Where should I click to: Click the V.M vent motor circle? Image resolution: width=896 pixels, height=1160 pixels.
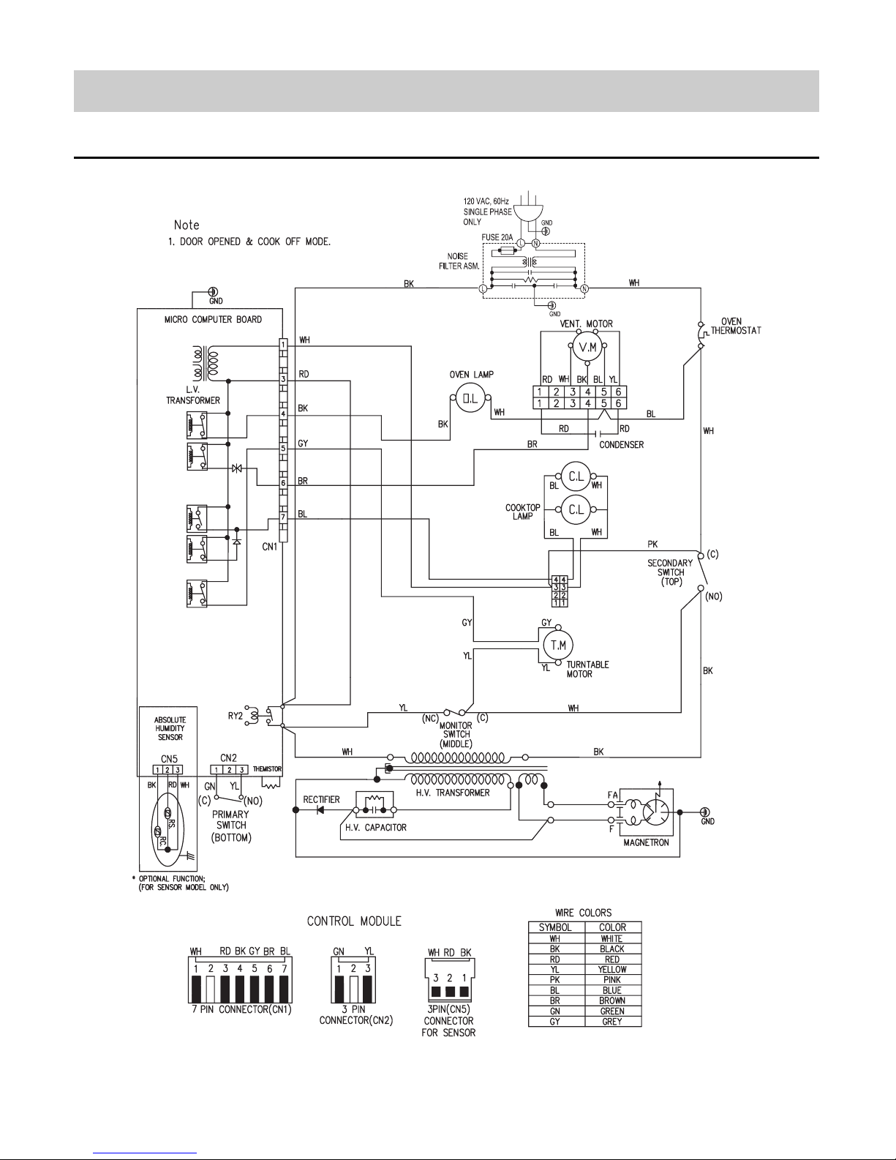coord(587,347)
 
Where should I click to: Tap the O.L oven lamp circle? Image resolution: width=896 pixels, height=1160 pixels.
coord(470,397)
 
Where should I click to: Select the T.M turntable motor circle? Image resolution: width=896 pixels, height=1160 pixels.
coord(558,645)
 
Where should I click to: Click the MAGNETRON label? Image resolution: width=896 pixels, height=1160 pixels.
coord(646,842)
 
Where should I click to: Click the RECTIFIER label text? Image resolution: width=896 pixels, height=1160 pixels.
coord(321,799)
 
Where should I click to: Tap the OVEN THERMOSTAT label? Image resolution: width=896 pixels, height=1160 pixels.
coord(736,326)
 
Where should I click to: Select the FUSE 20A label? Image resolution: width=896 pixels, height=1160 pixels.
coord(497,237)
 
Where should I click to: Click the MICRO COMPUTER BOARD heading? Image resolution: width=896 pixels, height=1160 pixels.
coord(213,319)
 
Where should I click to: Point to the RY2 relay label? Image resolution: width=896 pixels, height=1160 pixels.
coord(236,716)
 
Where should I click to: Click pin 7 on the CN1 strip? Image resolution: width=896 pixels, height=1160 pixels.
coord(283,517)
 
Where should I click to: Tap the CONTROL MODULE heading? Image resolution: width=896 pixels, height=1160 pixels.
coord(354,921)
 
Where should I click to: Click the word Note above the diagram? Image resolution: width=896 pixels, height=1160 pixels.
coord(186,225)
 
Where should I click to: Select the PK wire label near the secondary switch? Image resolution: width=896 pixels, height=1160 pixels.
coord(652,544)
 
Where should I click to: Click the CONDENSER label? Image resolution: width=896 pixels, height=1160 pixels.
coord(621,445)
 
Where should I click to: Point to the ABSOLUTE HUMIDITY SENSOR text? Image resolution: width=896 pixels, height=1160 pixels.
coord(170,728)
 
